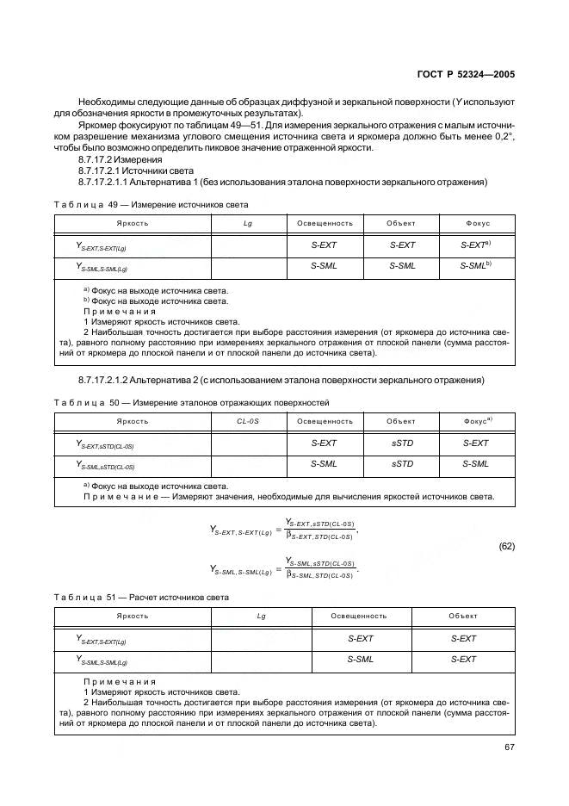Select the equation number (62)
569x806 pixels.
pyautogui.click(x=507, y=545)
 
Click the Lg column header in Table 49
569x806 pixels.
pyautogui.click(x=248, y=223)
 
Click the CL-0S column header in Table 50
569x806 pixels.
pyautogui.click(x=248, y=421)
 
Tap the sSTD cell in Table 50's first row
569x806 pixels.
pyautogui.click(x=402, y=443)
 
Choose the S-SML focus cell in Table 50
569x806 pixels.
pyautogui.click(x=475, y=463)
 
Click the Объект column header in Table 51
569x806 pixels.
pyautogui.click(x=463, y=617)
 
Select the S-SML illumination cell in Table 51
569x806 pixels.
pyautogui.click(x=360, y=659)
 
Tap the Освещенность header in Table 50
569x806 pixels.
pyautogui.click(x=325, y=421)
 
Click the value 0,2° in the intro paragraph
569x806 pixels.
pyautogui.click(x=502, y=137)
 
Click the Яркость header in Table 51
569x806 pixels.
pyautogui.click(x=133, y=617)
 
